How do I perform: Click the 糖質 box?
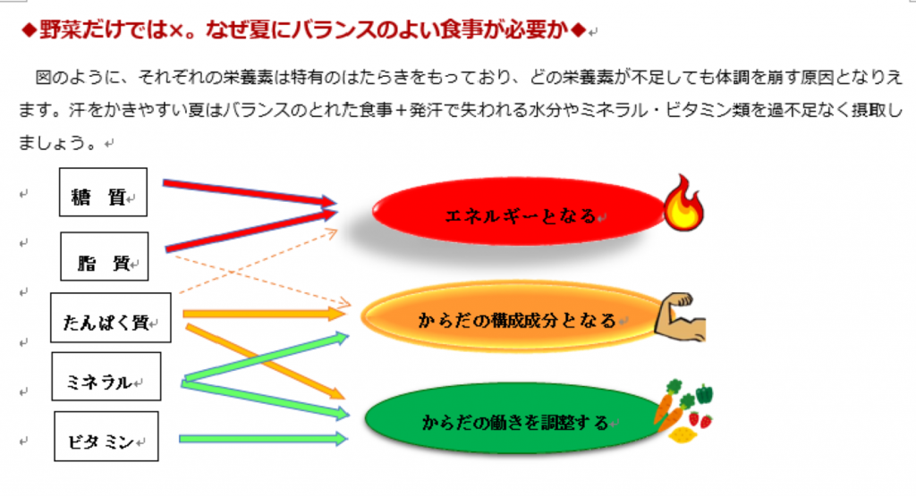tap(103, 192)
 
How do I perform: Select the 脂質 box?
tap(105, 256)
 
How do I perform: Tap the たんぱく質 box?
tap(111, 317)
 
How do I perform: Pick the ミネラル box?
tap(106, 376)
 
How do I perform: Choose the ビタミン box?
tap(106, 436)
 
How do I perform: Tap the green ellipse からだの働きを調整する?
tap(514, 418)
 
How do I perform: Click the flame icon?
tap(683, 205)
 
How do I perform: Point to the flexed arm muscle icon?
tap(681, 318)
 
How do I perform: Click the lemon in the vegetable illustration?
tap(682, 434)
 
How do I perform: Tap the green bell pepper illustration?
tap(704, 394)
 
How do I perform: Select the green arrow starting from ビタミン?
tap(264, 439)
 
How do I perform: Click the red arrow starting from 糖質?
tap(250, 192)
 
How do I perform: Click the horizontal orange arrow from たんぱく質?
tap(264, 314)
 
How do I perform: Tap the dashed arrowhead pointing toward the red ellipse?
tap(331, 234)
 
